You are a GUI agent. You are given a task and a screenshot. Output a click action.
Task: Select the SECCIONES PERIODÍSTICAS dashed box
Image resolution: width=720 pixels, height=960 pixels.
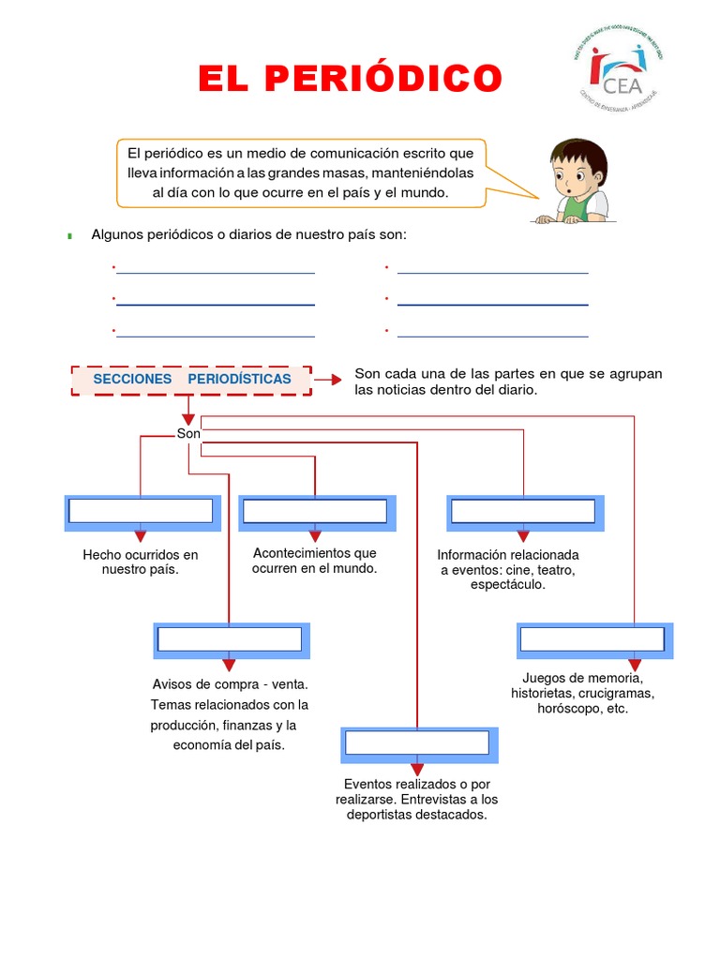191,380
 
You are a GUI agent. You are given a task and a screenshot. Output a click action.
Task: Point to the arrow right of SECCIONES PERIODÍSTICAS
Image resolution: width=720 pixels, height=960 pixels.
327,380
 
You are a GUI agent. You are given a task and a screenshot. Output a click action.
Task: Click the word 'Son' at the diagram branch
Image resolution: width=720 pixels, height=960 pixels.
188,434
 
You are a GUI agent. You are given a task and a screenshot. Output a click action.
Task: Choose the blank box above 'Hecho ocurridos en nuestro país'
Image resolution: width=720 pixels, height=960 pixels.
141,511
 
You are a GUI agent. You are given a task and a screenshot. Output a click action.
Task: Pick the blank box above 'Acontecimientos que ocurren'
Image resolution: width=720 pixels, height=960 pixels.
315,511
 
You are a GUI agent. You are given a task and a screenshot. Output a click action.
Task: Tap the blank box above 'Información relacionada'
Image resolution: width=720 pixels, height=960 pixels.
523,511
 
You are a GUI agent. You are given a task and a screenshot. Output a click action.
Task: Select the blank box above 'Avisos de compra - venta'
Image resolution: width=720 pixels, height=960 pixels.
230,639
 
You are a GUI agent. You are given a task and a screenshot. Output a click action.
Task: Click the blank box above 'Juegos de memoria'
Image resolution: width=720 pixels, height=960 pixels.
592,639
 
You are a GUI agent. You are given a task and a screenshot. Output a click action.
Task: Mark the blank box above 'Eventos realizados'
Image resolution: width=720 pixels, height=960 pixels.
417,743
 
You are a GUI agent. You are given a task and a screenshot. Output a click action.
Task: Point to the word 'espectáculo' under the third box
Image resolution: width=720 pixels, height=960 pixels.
507,584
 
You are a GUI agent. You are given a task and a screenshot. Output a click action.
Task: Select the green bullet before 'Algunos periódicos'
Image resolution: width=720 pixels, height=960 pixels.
70,235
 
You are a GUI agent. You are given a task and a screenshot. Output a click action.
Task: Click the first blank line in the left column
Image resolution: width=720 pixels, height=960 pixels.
216,273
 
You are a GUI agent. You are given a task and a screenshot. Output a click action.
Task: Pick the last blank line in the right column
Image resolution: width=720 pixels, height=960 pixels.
493,336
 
